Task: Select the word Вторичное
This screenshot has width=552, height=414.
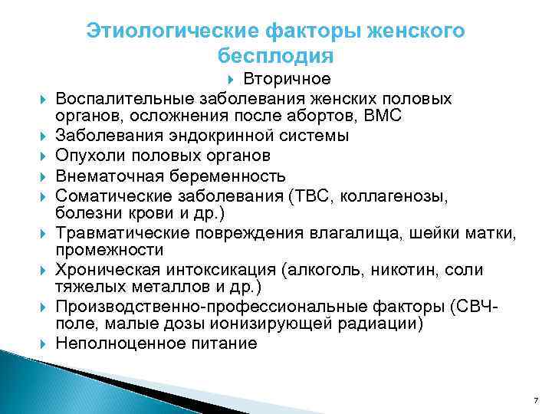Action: (287, 79)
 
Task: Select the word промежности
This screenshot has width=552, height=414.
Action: (97, 249)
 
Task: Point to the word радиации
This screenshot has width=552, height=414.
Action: (383, 324)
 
